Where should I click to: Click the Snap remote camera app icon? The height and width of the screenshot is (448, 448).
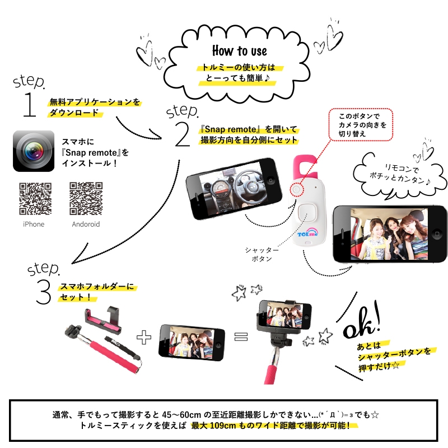[x=34, y=151]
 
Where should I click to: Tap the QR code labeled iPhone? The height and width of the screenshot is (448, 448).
[x=35, y=199]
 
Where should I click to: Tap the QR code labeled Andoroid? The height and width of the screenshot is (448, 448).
[x=86, y=199]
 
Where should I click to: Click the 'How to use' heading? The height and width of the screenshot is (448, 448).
[x=240, y=51]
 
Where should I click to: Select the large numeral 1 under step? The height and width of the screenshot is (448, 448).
[x=30, y=105]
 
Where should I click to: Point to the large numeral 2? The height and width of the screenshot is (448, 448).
[x=183, y=134]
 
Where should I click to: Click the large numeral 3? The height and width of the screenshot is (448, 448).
[x=44, y=292]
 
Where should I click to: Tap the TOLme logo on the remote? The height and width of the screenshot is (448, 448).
[x=307, y=232]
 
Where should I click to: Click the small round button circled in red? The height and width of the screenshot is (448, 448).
[x=297, y=189]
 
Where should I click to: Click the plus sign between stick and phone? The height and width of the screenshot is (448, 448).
[x=144, y=337]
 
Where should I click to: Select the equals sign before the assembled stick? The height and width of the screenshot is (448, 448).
[x=241, y=337]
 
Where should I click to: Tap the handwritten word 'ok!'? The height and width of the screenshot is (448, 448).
[x=362, y=320]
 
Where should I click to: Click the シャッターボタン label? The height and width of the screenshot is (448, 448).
[x=262, y=254]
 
